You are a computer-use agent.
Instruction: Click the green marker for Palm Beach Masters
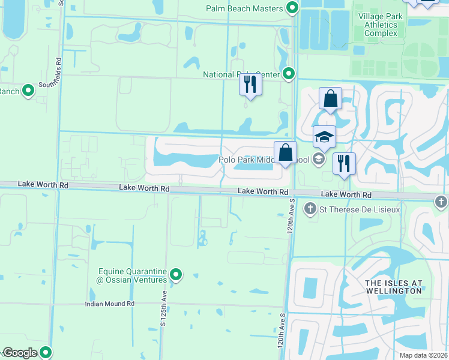click(x=292, y=8)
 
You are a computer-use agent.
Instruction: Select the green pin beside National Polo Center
click(x=289, y=74)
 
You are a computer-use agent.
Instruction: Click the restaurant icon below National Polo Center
click(x=250, y=85)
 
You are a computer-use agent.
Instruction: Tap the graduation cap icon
click(x=324, y=137)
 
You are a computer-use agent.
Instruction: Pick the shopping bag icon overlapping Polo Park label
click(x=285, y=152)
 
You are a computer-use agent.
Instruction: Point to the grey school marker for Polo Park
click(x=319, y=159)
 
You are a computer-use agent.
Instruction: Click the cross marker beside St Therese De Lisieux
click(x=310, y=209)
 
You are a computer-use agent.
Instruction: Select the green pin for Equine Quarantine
click(x=176, y=275)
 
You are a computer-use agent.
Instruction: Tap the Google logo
click(x=20, y=353)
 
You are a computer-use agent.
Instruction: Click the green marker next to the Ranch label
click(x=28, y=91)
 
